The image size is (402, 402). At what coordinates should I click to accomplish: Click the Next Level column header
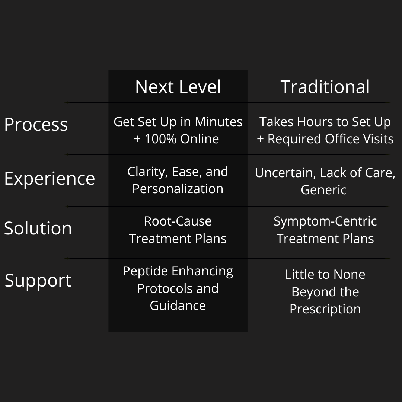pos(178,87)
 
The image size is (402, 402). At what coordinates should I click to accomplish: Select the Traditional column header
pos(325,87)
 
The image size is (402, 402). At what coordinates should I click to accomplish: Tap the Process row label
pos(36,125)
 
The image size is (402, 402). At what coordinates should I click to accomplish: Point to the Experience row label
pos(50,178)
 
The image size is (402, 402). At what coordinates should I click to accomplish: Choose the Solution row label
pos(38,228)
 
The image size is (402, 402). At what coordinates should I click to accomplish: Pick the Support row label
pos(38,280)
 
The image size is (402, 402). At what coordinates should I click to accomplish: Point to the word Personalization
pos(178,189)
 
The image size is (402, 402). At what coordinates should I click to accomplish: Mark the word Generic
pos(323,190)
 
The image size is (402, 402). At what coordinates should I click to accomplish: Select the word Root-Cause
pos(178,221)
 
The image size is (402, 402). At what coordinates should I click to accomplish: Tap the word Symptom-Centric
pos(325,221)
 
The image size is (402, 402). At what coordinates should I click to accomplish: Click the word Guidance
pos(178,306)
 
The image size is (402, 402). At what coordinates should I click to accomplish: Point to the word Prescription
pos(325,309)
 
